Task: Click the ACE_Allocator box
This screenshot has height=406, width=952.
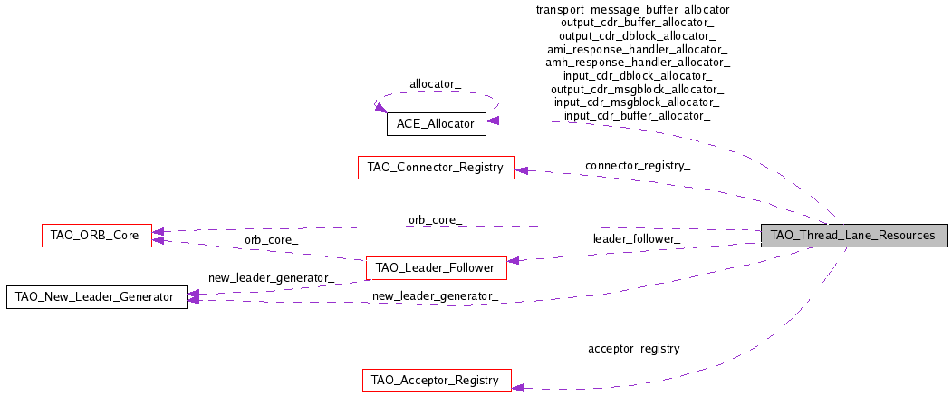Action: (436, 124)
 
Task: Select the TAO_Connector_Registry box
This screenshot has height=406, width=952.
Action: (437, 167)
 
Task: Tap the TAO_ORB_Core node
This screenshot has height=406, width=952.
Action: (97, 236)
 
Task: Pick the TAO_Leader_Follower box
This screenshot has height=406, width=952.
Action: (436, 268)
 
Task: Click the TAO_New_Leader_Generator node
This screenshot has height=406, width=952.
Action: (97, 297)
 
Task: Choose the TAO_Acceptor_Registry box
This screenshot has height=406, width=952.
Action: (437, 381)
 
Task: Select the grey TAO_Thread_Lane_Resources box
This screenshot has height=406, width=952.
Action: (854, 236)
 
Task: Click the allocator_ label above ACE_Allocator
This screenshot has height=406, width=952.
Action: (436, 84)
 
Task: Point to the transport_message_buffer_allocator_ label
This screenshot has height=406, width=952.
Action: (636, 10)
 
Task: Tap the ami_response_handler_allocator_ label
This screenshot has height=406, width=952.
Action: (637, 49)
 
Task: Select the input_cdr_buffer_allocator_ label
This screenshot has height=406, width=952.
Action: (637, 115)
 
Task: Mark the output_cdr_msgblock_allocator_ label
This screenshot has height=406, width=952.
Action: (637, 90)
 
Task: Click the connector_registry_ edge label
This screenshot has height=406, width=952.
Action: (638, 165)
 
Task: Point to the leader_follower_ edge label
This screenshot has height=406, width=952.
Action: (636, 239)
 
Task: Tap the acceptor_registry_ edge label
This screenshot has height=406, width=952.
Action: (637, 349)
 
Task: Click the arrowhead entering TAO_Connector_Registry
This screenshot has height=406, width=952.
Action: (522, 170)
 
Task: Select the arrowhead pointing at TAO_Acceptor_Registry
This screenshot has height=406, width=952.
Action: (518, 387)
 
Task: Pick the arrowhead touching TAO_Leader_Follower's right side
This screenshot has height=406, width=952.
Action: (513, 260)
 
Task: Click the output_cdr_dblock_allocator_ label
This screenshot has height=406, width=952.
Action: (637, 36)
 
